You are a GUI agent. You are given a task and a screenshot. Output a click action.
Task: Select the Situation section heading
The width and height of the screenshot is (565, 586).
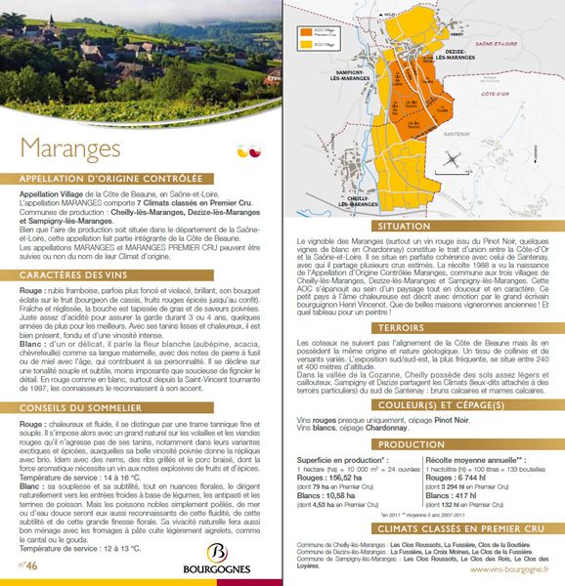(x=422, y=225)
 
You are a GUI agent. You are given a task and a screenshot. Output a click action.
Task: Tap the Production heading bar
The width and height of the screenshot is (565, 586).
(x=422, y=416)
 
